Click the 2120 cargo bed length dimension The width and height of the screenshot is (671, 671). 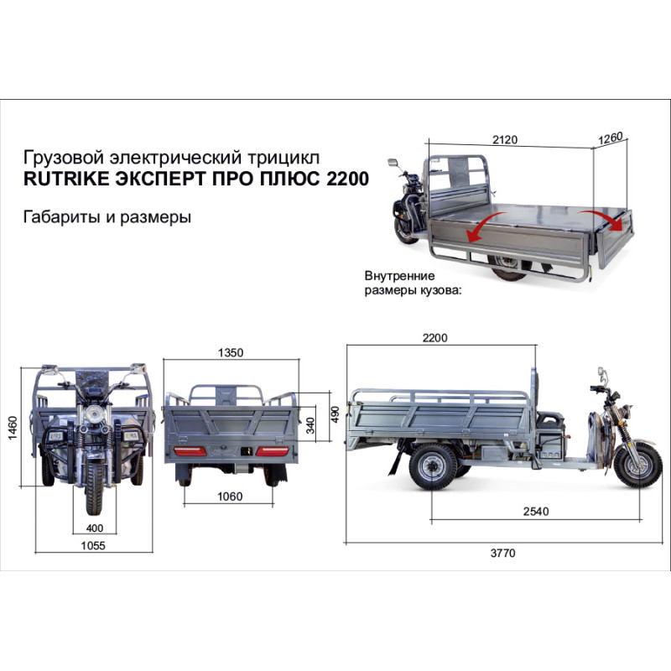pos(505,139)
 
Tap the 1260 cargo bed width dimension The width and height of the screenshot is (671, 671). pos(611,138)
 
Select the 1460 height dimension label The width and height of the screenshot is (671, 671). pos(13,427)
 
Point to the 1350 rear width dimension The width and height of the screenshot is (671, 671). pos(231,352)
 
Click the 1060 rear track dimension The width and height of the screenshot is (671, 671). pos(230,497)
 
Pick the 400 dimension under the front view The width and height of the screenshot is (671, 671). pos(95,528)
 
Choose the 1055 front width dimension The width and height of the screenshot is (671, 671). pos(93,546)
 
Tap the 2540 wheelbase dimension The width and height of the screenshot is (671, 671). pos(536,511)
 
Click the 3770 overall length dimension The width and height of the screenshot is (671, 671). pos(502,553)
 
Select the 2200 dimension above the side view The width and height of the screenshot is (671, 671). pos(434,338)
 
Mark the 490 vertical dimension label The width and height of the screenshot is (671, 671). pos(335,414)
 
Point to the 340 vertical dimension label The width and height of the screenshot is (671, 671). pos(310,425)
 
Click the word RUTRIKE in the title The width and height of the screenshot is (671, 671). pos(66,179)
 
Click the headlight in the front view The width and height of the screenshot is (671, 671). pos(91,414)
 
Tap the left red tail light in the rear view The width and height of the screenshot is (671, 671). pos(190,451)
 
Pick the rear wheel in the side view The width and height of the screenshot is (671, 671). pos(433,466)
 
